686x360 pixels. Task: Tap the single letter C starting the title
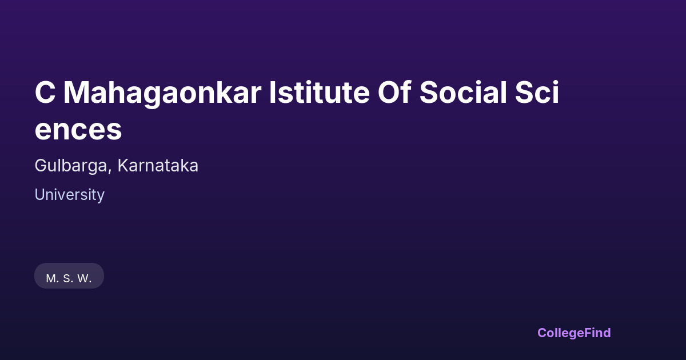point(45,92)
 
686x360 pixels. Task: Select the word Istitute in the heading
point(320,92)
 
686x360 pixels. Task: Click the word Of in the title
point(394,92)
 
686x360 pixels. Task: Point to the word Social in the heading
point(463,92)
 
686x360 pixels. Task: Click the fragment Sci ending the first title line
point(537,92)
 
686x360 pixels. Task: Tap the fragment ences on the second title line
point(78,130)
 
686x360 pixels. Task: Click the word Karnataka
point(158,166)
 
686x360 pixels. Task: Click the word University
point(70,195)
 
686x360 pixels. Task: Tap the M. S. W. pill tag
point(69,275)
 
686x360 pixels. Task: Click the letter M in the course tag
point(51,279)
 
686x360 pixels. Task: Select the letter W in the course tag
point(83,279)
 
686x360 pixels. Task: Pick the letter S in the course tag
point(67,279)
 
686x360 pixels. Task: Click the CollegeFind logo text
point(574,333)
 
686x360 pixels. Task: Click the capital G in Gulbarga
point(41,166)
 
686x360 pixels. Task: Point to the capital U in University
point(41,195)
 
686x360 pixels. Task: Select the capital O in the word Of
point(389,92)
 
